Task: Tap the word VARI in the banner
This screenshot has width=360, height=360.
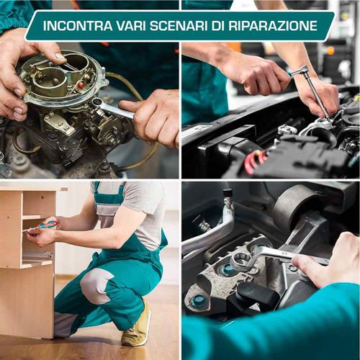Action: pos(130,26)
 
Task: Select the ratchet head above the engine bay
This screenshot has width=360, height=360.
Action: pos(300,71)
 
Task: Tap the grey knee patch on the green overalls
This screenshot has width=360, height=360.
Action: pos(96,286)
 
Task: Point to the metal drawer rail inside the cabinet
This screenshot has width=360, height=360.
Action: pos(37,254)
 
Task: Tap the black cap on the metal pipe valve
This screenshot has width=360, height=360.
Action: pos(228,194)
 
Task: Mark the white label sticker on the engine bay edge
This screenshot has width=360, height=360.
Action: pos(194,133)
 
